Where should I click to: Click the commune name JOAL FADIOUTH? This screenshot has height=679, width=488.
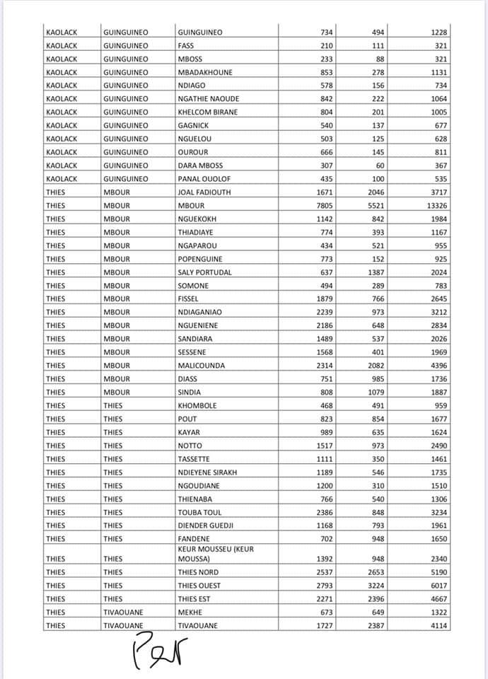pyautogui.click(x=204, y=192)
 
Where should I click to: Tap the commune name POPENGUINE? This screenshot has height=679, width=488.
pyautogui.click(x=200, y=259)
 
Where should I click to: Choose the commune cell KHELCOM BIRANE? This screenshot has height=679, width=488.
pyautogui.click(x=208, y=112)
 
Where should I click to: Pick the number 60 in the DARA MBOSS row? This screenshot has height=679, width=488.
pyautogui.click(x=389, y=166)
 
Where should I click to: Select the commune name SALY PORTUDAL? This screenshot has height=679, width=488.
pyautogui.click(x=205, y=272)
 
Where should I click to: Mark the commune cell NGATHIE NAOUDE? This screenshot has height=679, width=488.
pyautogui.click(x=209, y=98)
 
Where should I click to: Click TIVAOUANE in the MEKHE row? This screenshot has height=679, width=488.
pyautogui.click(x=123, y=613)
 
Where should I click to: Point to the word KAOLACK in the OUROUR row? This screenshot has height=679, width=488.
pyautogui.click(x=61, y=152)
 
